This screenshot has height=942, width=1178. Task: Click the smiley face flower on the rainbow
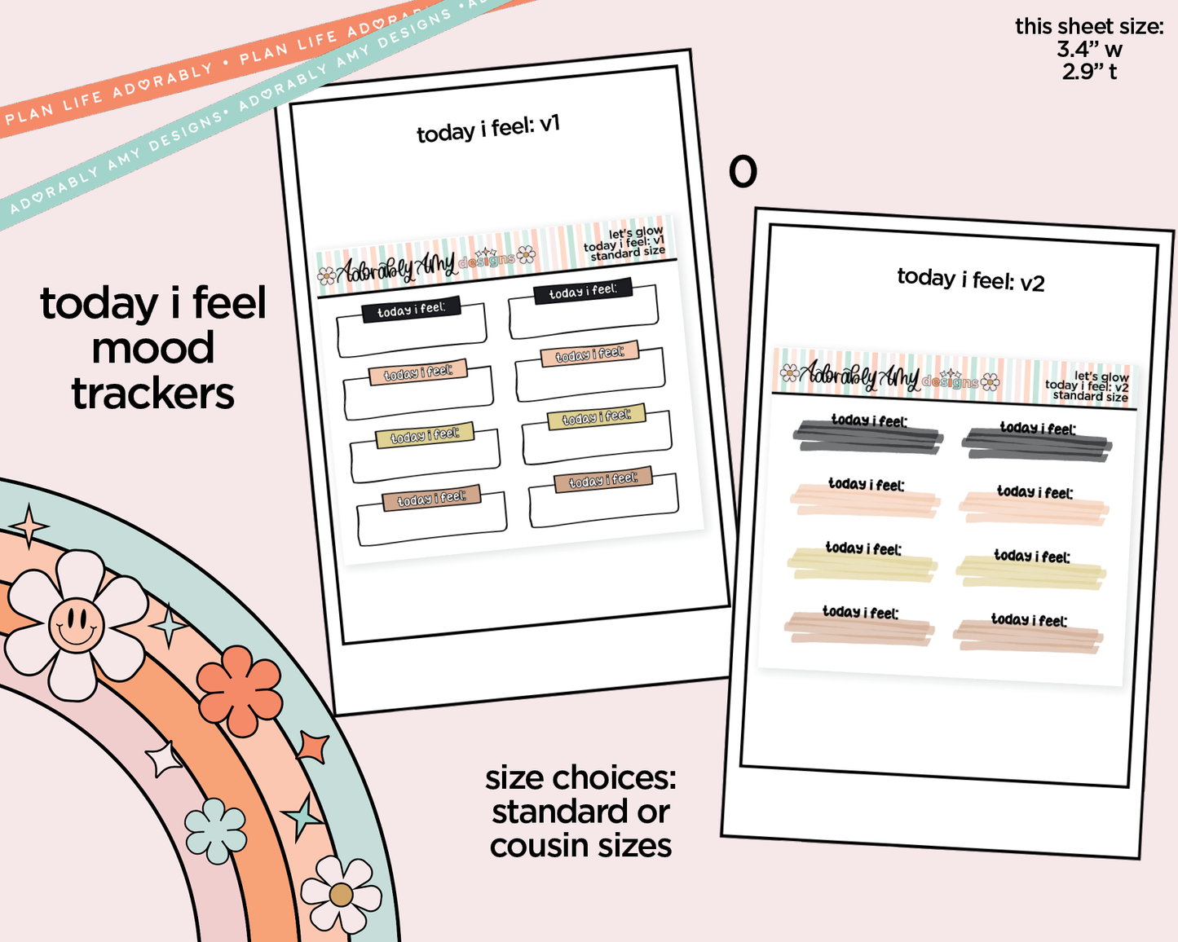76,625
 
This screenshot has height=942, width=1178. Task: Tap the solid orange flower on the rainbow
240,690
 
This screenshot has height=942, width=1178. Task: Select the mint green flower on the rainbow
216,830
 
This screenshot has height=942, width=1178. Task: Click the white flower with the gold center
341,894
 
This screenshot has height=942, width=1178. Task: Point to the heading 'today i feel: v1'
488,128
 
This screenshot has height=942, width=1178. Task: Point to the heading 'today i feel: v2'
970,280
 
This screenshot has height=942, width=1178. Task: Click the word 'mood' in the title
152,349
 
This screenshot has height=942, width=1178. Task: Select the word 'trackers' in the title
152,394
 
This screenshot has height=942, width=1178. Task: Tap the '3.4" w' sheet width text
1089,49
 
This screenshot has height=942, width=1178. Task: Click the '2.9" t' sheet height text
1089,72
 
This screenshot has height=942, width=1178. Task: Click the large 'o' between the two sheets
743,172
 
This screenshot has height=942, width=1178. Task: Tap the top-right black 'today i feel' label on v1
583,292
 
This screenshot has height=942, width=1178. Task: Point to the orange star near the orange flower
312,746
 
